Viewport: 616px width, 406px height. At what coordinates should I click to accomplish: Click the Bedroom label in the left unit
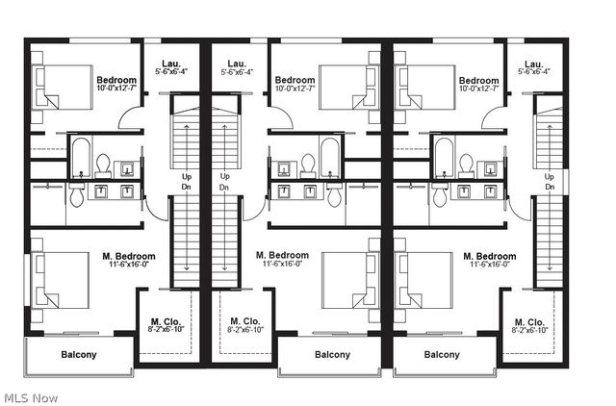click(x=116, y=80)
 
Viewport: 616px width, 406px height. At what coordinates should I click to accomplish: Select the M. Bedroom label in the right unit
click(x=489, y=256)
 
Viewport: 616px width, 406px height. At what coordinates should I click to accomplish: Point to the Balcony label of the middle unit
click(x=333, y=355)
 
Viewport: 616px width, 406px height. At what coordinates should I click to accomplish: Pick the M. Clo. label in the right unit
click(x=530, y=321)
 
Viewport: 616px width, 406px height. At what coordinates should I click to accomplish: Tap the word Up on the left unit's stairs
click(x=187, y=176)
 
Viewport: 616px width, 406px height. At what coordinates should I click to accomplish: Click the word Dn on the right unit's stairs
click(x=550, y=188)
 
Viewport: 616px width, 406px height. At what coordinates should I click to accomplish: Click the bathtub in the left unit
click(x=80, y=158)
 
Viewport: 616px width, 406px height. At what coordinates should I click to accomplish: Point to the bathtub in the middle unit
click(x=330, y=158)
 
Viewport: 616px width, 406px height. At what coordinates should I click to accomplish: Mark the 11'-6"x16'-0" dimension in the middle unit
click(x=284, y=265)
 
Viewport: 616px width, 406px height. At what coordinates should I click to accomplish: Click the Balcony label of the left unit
click(x=79, y=355)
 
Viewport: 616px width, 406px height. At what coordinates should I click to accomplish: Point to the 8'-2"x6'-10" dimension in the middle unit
click(x=245, y=330)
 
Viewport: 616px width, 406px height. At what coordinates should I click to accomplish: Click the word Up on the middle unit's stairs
click(x=224, y=176)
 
